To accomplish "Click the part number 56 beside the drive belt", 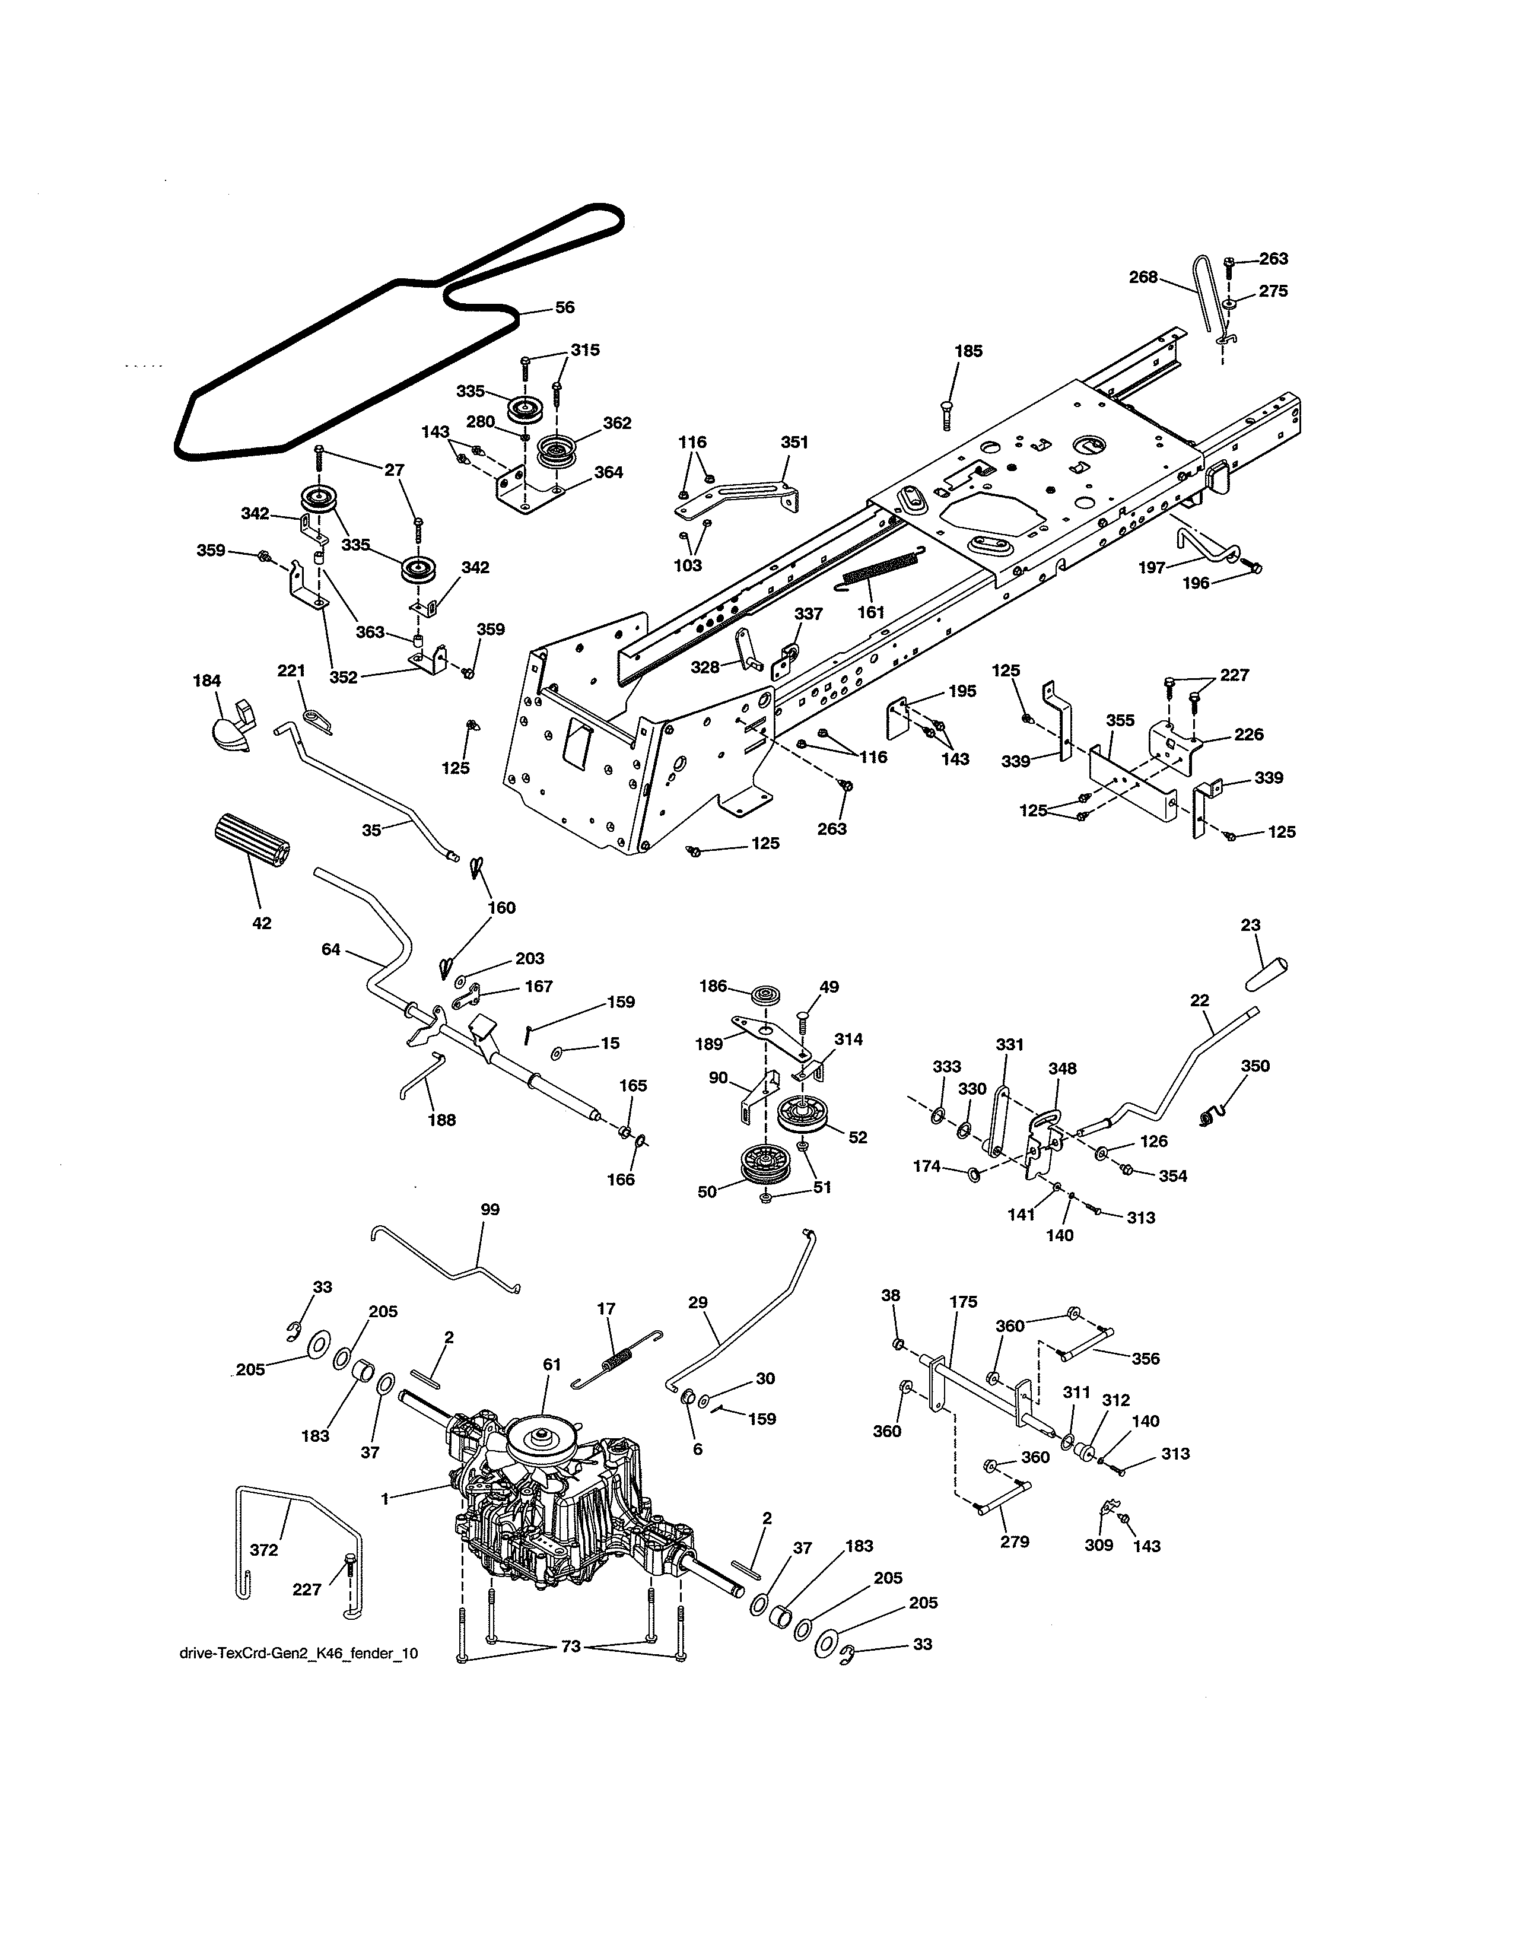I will [565, 307].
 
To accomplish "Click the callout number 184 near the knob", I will [207, 681].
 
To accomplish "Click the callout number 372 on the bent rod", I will [263, 1549].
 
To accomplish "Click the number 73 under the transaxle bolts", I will [571, 1646].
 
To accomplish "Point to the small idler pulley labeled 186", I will [767, 996].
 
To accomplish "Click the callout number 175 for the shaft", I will [964, 1302].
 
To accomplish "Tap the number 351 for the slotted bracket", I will [794, 442].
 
